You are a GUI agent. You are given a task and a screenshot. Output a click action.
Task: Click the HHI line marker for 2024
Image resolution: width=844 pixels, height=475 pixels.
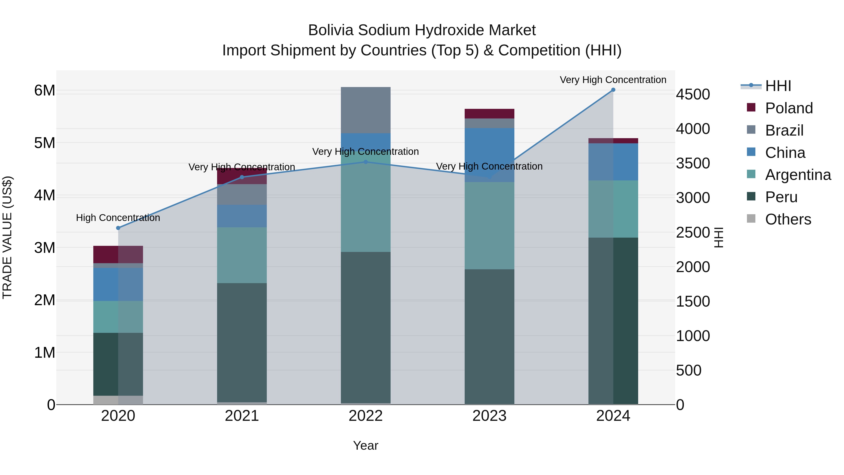tap(613, 90)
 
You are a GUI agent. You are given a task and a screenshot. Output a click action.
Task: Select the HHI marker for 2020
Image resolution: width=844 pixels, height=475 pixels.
tap(118, 228)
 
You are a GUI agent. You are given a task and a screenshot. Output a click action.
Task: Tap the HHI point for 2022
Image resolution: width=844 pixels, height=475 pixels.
tap(366, 162)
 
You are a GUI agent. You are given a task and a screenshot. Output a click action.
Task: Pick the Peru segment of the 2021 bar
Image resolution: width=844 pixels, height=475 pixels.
tap(242, 342)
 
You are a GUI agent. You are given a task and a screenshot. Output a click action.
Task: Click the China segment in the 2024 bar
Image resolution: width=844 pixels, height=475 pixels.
tap(613, 162)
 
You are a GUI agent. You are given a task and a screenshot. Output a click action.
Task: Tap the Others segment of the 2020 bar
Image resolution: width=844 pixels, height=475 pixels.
tap(118, 400)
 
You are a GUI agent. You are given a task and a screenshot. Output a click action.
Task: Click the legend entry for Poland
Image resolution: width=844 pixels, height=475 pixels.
tap(789, 108)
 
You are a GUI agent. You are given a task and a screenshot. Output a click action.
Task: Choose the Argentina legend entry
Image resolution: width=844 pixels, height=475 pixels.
tap(798, 175)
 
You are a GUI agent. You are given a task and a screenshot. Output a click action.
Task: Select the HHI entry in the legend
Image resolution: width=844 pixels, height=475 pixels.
tap(778, 86)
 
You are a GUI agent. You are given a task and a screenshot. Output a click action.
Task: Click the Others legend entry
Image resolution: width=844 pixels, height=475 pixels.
tap(788, 219)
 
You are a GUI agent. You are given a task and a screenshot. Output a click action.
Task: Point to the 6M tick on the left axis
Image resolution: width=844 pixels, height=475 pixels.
tap(45, 91)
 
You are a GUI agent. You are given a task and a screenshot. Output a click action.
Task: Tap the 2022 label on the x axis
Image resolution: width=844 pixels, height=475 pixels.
tap(366, 416)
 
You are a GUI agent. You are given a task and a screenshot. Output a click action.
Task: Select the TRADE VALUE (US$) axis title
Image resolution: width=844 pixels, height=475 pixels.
tap(7, 237)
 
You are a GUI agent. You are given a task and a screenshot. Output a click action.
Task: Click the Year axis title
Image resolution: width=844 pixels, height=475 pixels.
tap(366, 445)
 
